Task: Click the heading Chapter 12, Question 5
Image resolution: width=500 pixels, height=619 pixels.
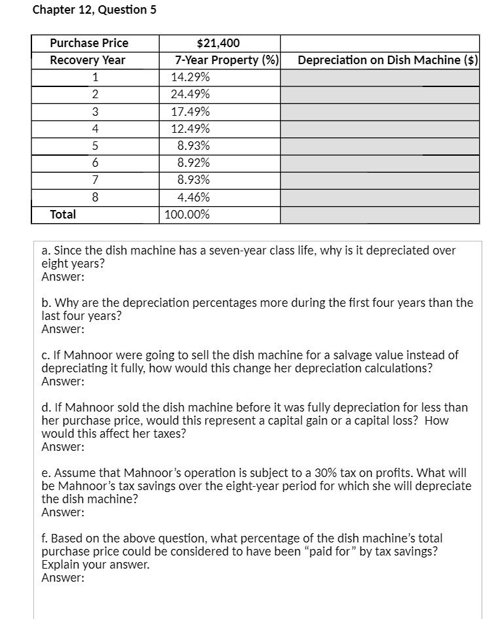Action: (x=94, y=10)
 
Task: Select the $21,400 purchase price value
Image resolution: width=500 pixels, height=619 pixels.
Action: (x=219, y=43)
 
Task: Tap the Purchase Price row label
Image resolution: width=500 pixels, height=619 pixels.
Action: (x=89, y=43)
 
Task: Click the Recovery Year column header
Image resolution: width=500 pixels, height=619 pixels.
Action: (x=88, y=60)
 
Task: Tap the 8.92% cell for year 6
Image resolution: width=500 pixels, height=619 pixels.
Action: (x=194, y=163)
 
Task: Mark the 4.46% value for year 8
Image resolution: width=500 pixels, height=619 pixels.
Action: (x=194, y=197)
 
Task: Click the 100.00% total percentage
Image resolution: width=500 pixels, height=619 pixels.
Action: (x=187, y=214)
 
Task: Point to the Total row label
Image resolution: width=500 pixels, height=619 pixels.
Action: (x=63, y=214)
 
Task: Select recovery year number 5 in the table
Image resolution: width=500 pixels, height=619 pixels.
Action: (x=95, y=146)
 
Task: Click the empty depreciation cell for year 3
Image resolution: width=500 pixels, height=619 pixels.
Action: (x=380, y=112)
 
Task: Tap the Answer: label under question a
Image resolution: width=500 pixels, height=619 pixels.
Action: (x=63, y=277)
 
